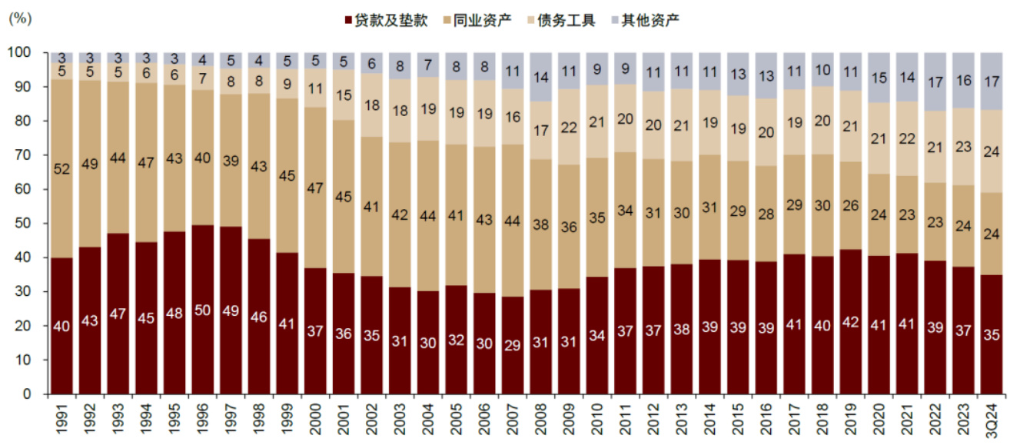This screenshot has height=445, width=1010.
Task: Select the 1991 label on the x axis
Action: click(62, 419)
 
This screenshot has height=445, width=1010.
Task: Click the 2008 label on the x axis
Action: click(541, 419)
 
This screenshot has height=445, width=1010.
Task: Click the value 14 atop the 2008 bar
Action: click(541, 78)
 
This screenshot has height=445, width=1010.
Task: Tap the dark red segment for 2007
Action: click(513, 346)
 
